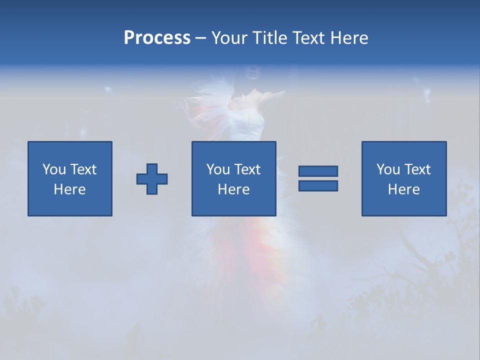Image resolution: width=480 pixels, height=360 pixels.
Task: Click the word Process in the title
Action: [157, 38]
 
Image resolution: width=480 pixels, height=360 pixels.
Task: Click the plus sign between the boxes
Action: [152, 179]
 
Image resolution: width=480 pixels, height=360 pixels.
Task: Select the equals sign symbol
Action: [318, 178]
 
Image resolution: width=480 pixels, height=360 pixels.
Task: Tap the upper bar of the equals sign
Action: [318, 171]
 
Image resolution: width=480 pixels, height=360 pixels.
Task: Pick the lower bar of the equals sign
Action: [318, 185]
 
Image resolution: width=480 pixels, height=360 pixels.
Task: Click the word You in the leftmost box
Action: [53, 169]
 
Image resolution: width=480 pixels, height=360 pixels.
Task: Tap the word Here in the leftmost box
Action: [69, 189]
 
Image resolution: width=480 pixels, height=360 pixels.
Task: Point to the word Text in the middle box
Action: [246, 169]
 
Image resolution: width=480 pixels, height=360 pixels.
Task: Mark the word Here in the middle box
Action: [233, 189]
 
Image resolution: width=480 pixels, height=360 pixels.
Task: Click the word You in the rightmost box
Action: [387, 169]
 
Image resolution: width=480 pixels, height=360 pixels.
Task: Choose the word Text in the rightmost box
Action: [416, 169]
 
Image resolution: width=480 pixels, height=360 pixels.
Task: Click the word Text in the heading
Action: [309, 38]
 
